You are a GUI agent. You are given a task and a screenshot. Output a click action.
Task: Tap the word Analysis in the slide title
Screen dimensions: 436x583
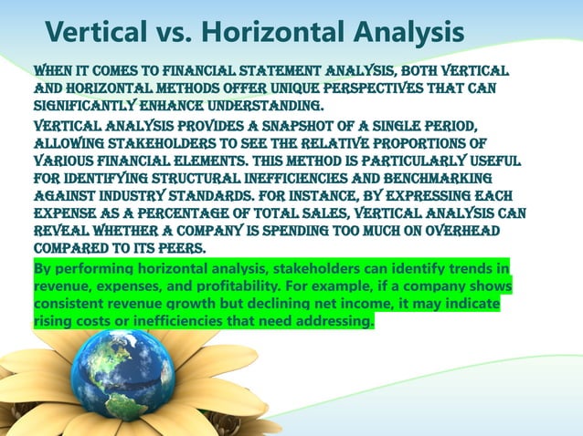pyautogui.click(x=402, y=34)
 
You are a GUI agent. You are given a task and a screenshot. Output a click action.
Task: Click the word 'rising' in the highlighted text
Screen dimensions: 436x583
pyautogui.click(x=52, y=322)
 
